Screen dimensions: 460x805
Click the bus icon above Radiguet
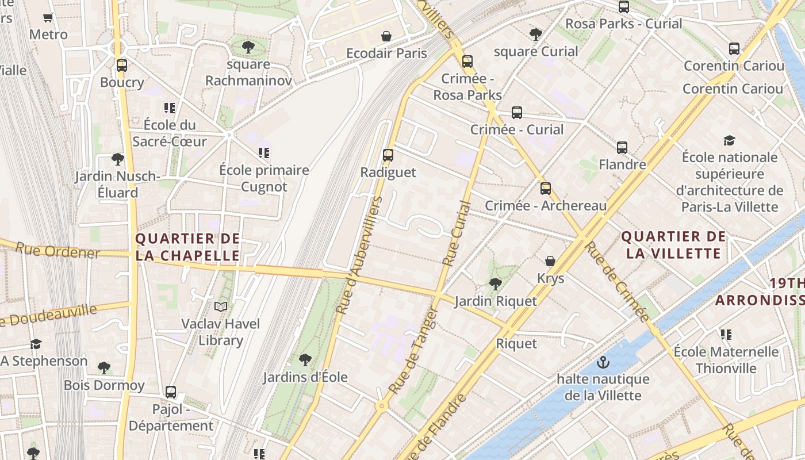tap(388, 155)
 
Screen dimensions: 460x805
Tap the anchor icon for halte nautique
tap(603, 362)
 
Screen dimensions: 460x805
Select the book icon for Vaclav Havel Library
tap(221, 306)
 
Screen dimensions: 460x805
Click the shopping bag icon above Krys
tap(550, 261)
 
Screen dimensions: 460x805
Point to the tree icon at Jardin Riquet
tap(495, 283)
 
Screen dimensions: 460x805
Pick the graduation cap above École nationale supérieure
tap(729, 140)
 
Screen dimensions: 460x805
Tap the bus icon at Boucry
tap(121, 65)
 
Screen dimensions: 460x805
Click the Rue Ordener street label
tap(57, 251)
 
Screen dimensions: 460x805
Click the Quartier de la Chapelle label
tap(187, 247)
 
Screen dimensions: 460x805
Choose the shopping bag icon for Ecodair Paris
tap(386, 36)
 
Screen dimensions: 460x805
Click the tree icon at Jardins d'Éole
tap(305, 360)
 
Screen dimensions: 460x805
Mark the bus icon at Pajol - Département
tap(171, 392)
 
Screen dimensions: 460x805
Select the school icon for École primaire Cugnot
tap(264, 153)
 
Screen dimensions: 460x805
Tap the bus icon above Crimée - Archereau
tap(545, 188)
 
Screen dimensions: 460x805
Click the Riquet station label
tap(516, 343)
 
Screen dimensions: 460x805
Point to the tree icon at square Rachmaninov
tap(248, 47)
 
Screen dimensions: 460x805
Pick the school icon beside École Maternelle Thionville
tap(726, 334)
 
